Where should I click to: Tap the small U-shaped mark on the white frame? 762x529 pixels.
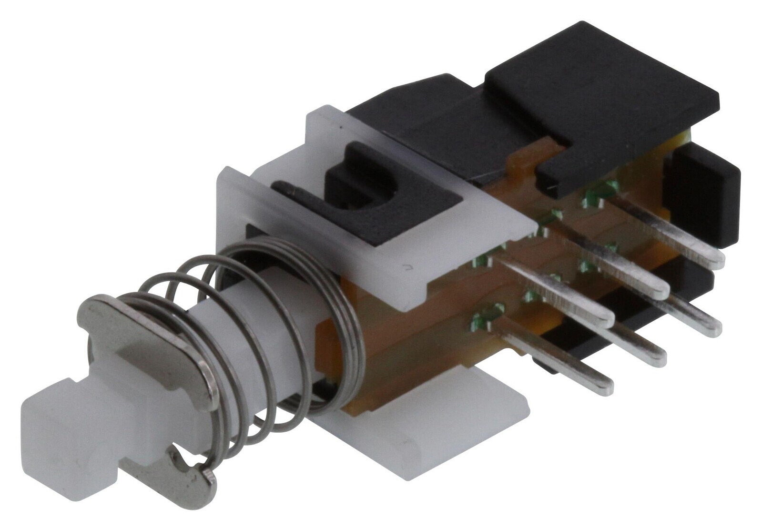click(x=406, y=268)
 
